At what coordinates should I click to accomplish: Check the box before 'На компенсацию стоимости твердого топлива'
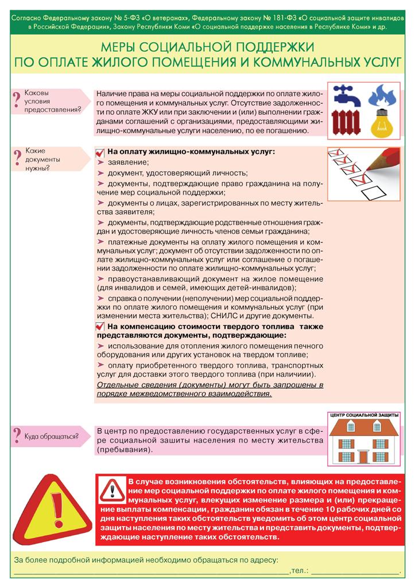pos(100,326)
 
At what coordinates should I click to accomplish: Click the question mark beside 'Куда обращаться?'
pos(17,437)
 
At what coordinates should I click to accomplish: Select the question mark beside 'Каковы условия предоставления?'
pos(17,99)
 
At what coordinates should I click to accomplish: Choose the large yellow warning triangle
pos(54,510)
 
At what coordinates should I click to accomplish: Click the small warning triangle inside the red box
pos(113,490)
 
